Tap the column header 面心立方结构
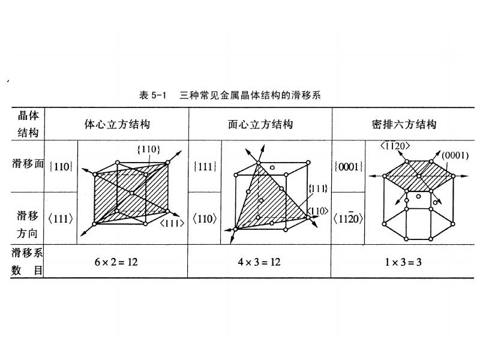(x=260, y=125)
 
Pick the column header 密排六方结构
(x=403, y=125)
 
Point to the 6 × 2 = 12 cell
(x=116, y=262)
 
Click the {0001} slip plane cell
(x=347, y=167)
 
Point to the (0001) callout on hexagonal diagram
(x=454, y=155)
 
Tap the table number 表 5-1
(x=152, y=95)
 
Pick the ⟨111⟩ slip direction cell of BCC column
(x=62, y=219)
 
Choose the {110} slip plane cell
(x=62, y=167)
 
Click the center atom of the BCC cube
(x=131, y=193)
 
